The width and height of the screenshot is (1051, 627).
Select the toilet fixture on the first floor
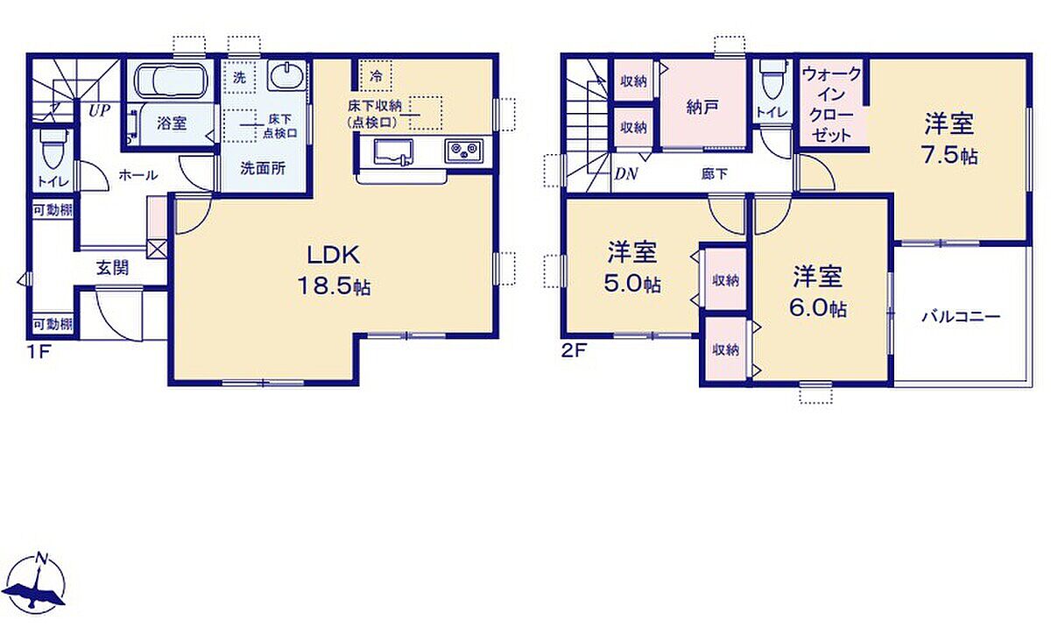[53, 149]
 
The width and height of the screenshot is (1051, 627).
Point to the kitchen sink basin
[393, 151]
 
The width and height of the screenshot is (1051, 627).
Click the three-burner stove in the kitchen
[463, 151]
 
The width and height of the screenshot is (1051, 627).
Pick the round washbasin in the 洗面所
[286, 75]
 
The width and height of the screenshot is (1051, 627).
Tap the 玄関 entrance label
[113, 268]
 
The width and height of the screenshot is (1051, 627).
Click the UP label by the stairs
[100, 110]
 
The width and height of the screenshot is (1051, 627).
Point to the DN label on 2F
[626, 174]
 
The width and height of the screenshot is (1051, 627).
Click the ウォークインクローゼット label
[832, 105]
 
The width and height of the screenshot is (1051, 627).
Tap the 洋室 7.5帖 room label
[950, 139]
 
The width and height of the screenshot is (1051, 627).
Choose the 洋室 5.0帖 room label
[632, 267]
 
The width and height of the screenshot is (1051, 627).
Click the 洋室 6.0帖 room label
[818, 292]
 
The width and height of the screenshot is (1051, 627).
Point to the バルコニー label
[961, 317]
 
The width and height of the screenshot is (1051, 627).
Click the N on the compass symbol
[42, 559]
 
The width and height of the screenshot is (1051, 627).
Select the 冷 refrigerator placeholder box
[376, 75]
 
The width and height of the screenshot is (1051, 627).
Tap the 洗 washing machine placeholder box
[239, 77]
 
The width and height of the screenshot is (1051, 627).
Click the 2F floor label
[574, 351]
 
